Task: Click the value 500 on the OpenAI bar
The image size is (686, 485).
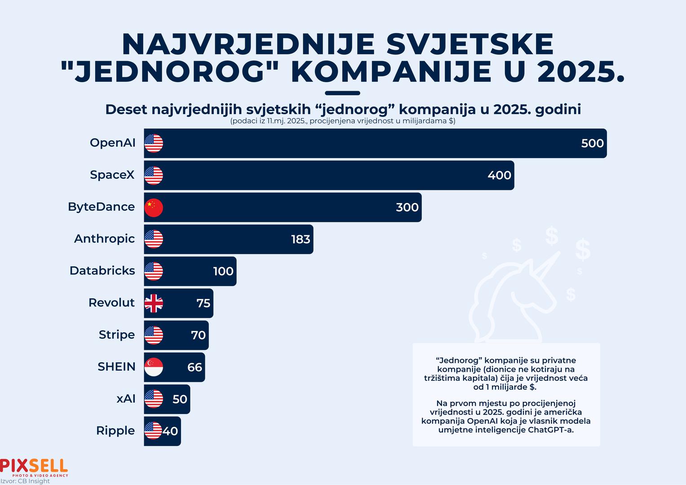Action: (x=592, y=143)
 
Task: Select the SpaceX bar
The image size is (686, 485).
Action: (x=328, y=175)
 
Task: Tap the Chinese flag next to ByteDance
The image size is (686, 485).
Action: (x=154, y=207)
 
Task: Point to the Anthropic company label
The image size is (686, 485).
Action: (x=104, y=238)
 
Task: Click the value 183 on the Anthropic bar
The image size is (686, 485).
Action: (x=301, y=239)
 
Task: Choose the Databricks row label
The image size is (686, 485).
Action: (x=102, y=271)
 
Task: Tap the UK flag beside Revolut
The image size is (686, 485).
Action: (x=154, y=304)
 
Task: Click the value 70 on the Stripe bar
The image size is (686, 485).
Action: (x=198, y=335)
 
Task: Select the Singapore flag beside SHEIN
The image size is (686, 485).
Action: (x=154, y=367)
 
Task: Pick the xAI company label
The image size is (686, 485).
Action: (x=126, y=399)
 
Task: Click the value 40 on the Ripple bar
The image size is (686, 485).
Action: (x=170, y=431)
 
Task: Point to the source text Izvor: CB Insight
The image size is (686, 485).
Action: (x=25, y=481)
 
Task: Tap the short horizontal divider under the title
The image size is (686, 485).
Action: (x=342, y=93)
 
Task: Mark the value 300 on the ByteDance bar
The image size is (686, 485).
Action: (x=407, y=207)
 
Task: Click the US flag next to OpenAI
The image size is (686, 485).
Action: (x=154, y=143)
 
